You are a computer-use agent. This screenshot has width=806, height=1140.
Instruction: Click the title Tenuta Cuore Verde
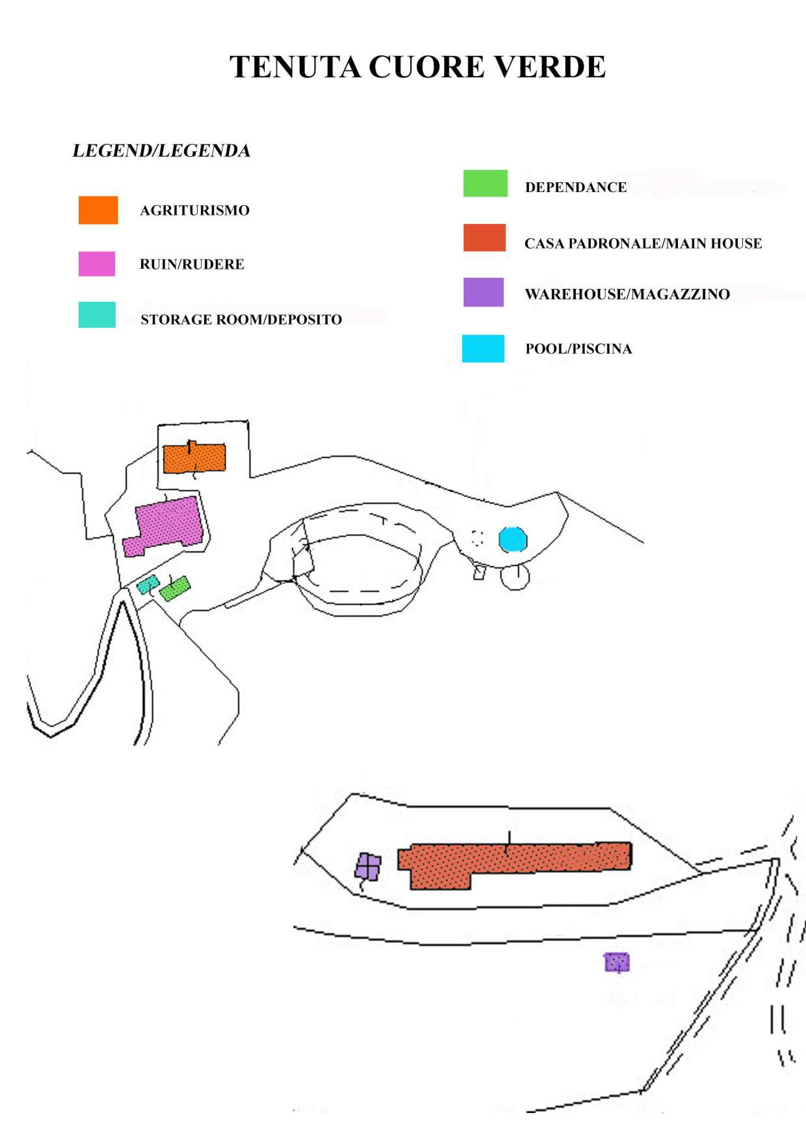point(417,67)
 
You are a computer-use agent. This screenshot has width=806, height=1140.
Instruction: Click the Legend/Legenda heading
point(161,151)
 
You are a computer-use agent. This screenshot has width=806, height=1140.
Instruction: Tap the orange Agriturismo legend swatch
point(98,210)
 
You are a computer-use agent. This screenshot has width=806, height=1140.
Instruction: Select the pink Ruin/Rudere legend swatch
point(97,264)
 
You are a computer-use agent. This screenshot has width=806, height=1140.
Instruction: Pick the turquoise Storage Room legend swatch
point(97,315)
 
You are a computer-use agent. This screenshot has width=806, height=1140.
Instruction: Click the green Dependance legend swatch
point(485,183)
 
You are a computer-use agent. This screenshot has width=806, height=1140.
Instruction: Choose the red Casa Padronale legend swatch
point(484,238)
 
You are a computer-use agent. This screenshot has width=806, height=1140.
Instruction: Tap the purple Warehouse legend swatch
point(483,292)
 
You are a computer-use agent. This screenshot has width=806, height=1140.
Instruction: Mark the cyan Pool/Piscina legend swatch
point(483,349)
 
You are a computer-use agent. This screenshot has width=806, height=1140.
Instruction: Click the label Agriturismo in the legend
point(195,211)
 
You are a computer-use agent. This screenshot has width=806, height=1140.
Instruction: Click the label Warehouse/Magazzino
point(627,294)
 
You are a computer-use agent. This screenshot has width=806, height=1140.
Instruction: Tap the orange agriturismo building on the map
point(194,458)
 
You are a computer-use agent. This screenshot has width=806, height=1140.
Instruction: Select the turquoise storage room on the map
point(148,584)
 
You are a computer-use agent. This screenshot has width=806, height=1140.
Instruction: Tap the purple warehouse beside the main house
point(368,866)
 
